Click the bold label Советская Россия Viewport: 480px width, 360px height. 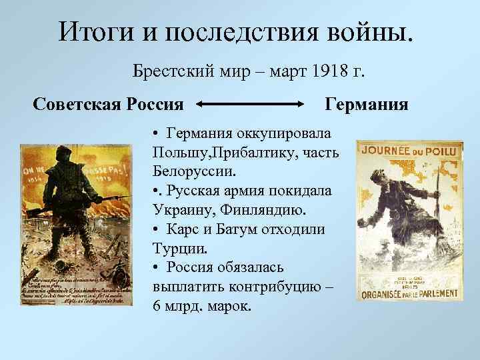pyautogui.click(x=108, y=105)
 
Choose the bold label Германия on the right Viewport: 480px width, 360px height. pyautogui.click(x=367, y=105)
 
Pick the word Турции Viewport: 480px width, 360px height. pyautogui.click(x=179, y=249)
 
